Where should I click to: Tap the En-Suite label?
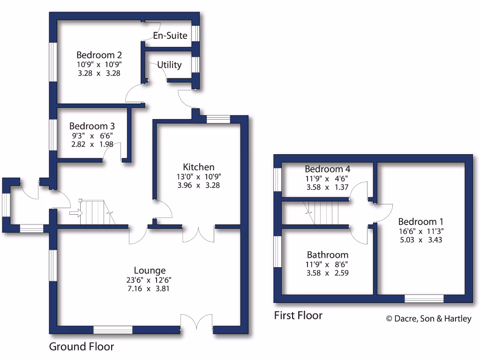(x=170, y=36)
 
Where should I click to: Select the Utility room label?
(x=169, y=65)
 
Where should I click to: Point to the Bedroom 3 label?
(x=92, y=126)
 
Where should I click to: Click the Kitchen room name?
(x=199, y=167)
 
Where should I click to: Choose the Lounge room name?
(x=150, y=270)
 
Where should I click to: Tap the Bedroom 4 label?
(x=327, y=169)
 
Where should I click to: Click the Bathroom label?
(x=327, y=255)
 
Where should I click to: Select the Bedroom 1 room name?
(x=420, y=222)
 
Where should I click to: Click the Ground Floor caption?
(x=82, y=347)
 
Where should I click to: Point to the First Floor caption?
(x=298, y=315)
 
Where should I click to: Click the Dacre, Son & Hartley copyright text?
(x=428, y=319)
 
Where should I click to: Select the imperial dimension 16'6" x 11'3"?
(x=420, y=231)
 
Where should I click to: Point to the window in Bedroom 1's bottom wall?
(x=424, y=299)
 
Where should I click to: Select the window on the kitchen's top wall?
(x=218, y=119)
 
